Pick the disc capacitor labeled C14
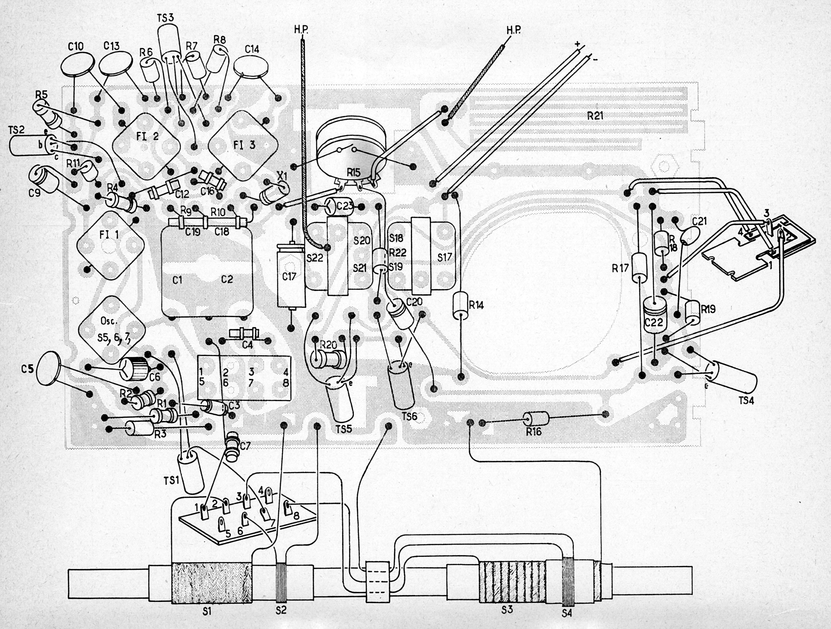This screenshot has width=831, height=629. tap(252, 67)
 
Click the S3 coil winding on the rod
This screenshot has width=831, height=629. tap(511, 582)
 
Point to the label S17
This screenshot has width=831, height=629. tap(445, 257)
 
